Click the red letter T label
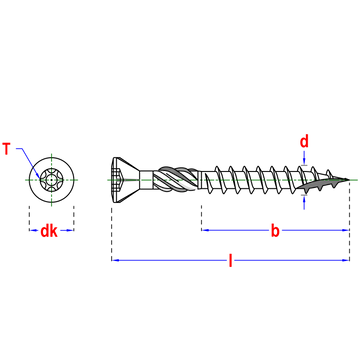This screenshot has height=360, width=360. (6, 149)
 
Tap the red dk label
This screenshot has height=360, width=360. (49, 231)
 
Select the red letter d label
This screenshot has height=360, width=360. (304, 142)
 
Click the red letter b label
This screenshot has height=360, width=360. (275, 231)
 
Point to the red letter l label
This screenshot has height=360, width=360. (230, 260)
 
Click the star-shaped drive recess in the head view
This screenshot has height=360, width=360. (51, 180)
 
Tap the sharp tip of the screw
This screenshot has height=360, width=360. (349, 180)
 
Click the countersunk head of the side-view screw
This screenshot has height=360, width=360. (125, 180)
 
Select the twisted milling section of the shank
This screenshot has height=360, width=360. (175, 180)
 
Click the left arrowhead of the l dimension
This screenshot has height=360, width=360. (115, 260)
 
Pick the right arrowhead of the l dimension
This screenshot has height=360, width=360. (346, 260)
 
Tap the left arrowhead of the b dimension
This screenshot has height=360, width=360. (205, 230)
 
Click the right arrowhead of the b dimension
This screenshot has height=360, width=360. (345, 230)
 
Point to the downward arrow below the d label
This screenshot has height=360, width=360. (304, 158)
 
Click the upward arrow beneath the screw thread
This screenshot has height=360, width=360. (304, 202)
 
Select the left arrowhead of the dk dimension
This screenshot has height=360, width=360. (33, 230)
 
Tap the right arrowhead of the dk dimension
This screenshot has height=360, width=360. (70, 230)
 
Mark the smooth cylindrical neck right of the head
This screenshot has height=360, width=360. (146, 180)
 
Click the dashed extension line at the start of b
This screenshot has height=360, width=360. (201, 218)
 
